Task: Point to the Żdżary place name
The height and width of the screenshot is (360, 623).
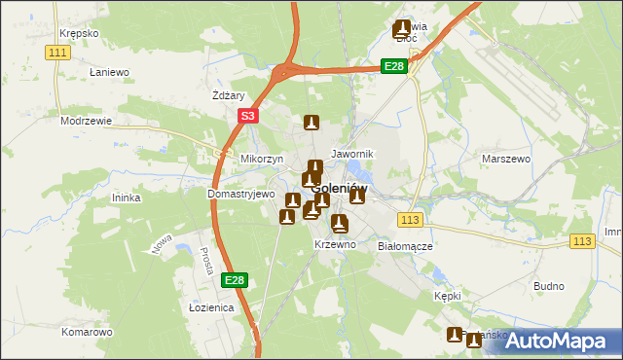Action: (x=228, y=96)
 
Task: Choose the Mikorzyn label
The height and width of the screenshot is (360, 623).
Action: (x=261, y=159)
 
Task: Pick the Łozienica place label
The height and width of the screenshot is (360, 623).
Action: (x=210, y=307)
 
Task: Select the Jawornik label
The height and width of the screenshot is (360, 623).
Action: (x=352, y=155)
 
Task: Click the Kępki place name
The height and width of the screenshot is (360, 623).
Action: (x=448, y=295)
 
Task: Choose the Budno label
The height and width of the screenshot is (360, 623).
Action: (x=549, y=286)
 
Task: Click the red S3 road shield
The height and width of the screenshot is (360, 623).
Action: (x=248, y=116)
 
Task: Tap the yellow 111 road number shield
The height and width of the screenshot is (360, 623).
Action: (x=57, y=52)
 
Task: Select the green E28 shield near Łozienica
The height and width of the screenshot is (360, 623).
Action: (x=234, y=280)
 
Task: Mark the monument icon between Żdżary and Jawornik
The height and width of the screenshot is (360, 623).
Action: (x=311, y=124)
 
